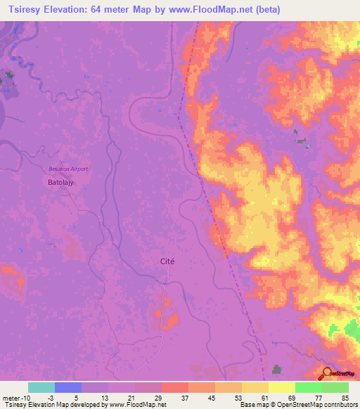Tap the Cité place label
167,261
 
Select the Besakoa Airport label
68,169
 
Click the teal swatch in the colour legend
41,387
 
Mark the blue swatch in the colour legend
68,387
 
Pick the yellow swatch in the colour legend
282,387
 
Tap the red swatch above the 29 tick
175,387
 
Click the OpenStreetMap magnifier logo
328,373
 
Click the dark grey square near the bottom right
277,369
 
